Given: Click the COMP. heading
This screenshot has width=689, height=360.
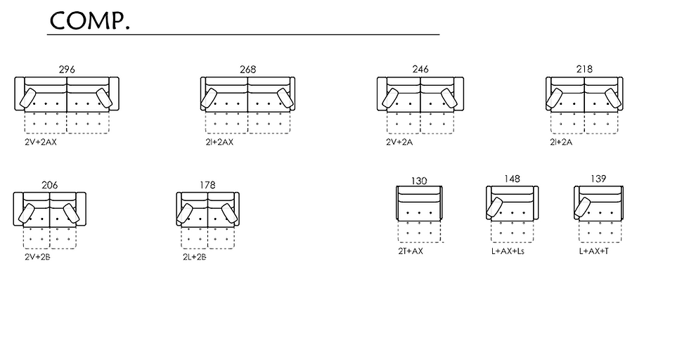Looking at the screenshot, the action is click(x=90, y=20).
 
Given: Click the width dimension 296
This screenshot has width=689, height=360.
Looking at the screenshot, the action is click(x=67, y=70).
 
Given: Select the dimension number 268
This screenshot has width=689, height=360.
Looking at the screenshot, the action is click(x=247, y=70).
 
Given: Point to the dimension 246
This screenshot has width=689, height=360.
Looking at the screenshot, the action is click(x=420, y=69).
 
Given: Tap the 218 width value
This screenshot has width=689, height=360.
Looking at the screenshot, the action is click(x=584, y=69).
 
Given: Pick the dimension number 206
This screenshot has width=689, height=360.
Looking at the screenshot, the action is click(x=50, y=185).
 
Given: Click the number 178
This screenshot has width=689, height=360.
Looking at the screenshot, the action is click(x=207, y=185).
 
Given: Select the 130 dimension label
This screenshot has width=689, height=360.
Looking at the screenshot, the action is click(x=419, y=181).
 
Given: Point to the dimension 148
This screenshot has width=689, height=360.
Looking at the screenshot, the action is click(x=512, y=179).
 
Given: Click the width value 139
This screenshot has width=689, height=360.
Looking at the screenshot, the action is click(x=598, y=179).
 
